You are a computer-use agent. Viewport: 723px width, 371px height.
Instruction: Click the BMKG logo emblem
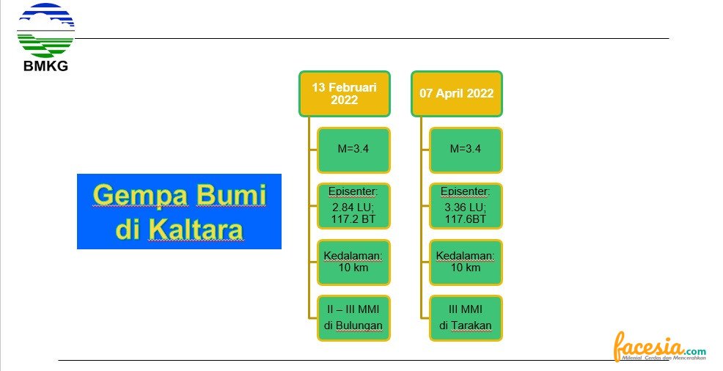click(x=45, y=30)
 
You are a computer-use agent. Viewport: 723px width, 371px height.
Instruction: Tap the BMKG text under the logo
click(x=45, y=66)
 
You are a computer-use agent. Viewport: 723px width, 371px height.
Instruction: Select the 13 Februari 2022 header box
click(x=345, y=94)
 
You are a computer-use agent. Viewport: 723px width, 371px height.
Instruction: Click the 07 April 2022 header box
click(x=457, y=94)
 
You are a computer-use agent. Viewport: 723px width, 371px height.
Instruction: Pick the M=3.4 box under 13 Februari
click(x=353, y=150)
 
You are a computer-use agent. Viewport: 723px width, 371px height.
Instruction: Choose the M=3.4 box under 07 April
click(x=466, y=150)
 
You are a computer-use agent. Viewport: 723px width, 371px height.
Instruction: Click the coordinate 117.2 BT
click(x=353, y=219)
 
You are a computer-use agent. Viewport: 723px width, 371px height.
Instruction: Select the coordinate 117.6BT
click(x=465, y=219)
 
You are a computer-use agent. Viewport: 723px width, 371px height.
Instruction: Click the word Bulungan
click(x=359, y=326)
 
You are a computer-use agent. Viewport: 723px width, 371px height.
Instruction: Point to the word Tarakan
click(x=471, y=326)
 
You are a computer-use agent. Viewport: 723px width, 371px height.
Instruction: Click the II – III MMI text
click(x=353, y=309)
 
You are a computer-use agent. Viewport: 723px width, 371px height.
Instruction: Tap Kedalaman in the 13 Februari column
click(x=353, y=256)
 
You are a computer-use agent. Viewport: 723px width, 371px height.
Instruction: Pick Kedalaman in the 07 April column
click(x=465, y=256)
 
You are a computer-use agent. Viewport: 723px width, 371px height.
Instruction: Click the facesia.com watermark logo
click(x=659, y=347)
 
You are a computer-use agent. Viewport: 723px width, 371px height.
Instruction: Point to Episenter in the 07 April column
click(x=465, y=191)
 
